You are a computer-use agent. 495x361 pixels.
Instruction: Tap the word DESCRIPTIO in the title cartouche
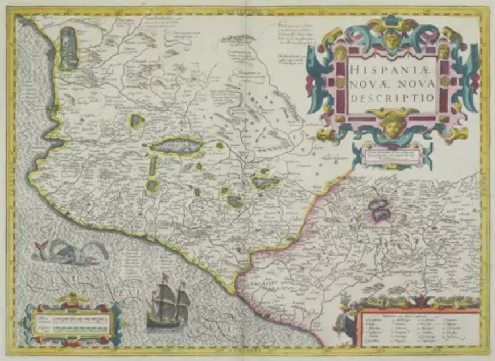tap(393, 97)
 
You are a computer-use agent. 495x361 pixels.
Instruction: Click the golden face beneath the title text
tap(393, 126)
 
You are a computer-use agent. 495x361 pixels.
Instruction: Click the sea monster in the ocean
tap(71, 252)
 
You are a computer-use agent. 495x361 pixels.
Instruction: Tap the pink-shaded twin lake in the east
tap(379, 209)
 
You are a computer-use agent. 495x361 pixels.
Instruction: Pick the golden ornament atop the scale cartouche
tap(73, 297)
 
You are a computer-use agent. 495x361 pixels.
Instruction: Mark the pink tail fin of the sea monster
tap(41, 246)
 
